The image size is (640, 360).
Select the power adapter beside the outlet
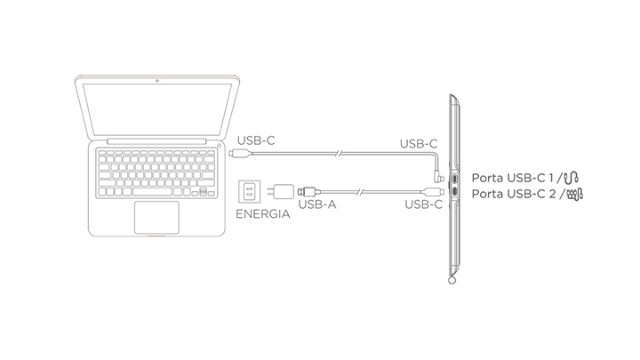282,191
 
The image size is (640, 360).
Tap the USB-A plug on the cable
304,191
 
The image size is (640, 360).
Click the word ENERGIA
261,214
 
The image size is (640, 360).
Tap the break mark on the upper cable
338,154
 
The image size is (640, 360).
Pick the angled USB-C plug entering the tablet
442,167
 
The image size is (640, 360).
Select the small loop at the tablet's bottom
454,283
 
